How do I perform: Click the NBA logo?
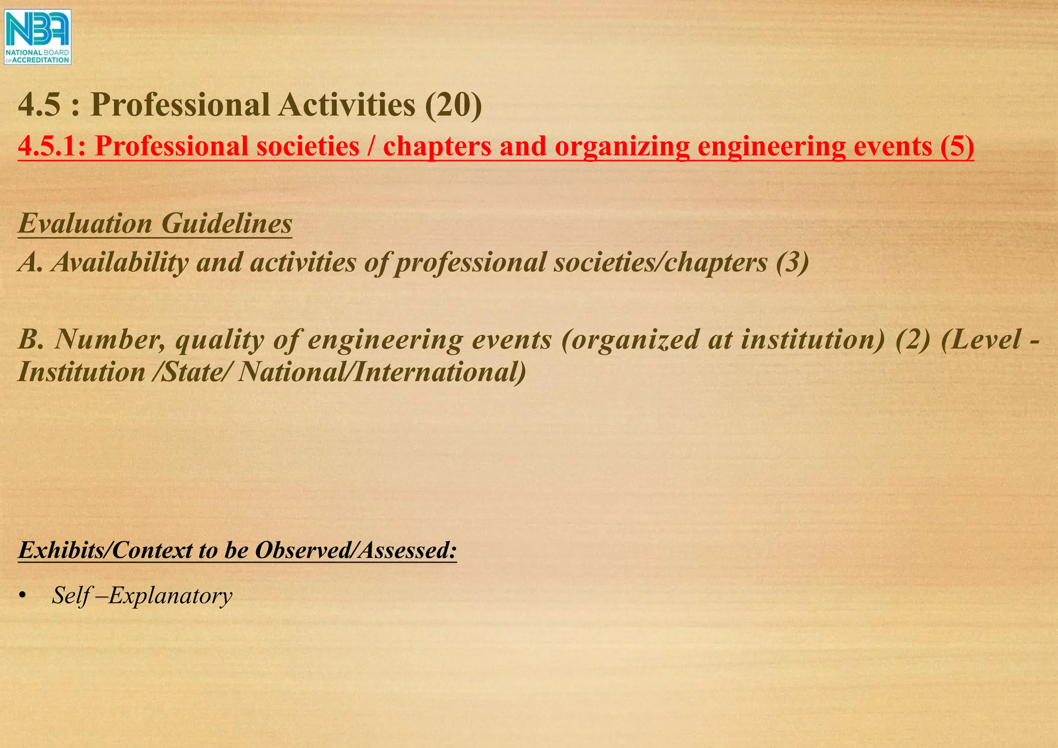pos(37,37)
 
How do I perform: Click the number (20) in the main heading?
pos(453,105)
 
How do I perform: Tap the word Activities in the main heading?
pos(347,105)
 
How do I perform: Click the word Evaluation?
pos(85,224)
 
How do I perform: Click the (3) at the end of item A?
pos(792,262)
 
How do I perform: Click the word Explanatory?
pos(170,596)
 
